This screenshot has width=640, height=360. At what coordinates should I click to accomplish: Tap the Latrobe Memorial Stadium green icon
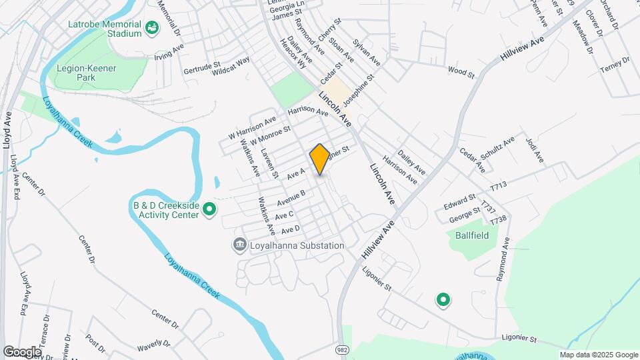(152, 28)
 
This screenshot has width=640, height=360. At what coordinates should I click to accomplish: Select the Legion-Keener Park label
(87, 73)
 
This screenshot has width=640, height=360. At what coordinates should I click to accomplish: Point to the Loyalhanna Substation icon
(239, 245)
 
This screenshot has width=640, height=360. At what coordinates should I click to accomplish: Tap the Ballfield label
(472, 235)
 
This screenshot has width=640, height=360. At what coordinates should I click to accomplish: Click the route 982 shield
(342, 349)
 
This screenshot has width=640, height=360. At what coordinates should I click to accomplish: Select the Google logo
(22, 351)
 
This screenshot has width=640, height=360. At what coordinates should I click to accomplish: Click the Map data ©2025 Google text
(598, 355)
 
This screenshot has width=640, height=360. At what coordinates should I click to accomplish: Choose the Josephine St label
(360, 91)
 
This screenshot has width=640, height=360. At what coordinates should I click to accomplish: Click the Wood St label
(461, 70)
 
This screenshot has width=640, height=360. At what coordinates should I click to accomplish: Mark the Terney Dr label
(614, 66)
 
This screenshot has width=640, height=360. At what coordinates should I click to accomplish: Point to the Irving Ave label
(168, 52)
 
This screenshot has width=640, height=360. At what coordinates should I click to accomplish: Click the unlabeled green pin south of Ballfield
(443, 301)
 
